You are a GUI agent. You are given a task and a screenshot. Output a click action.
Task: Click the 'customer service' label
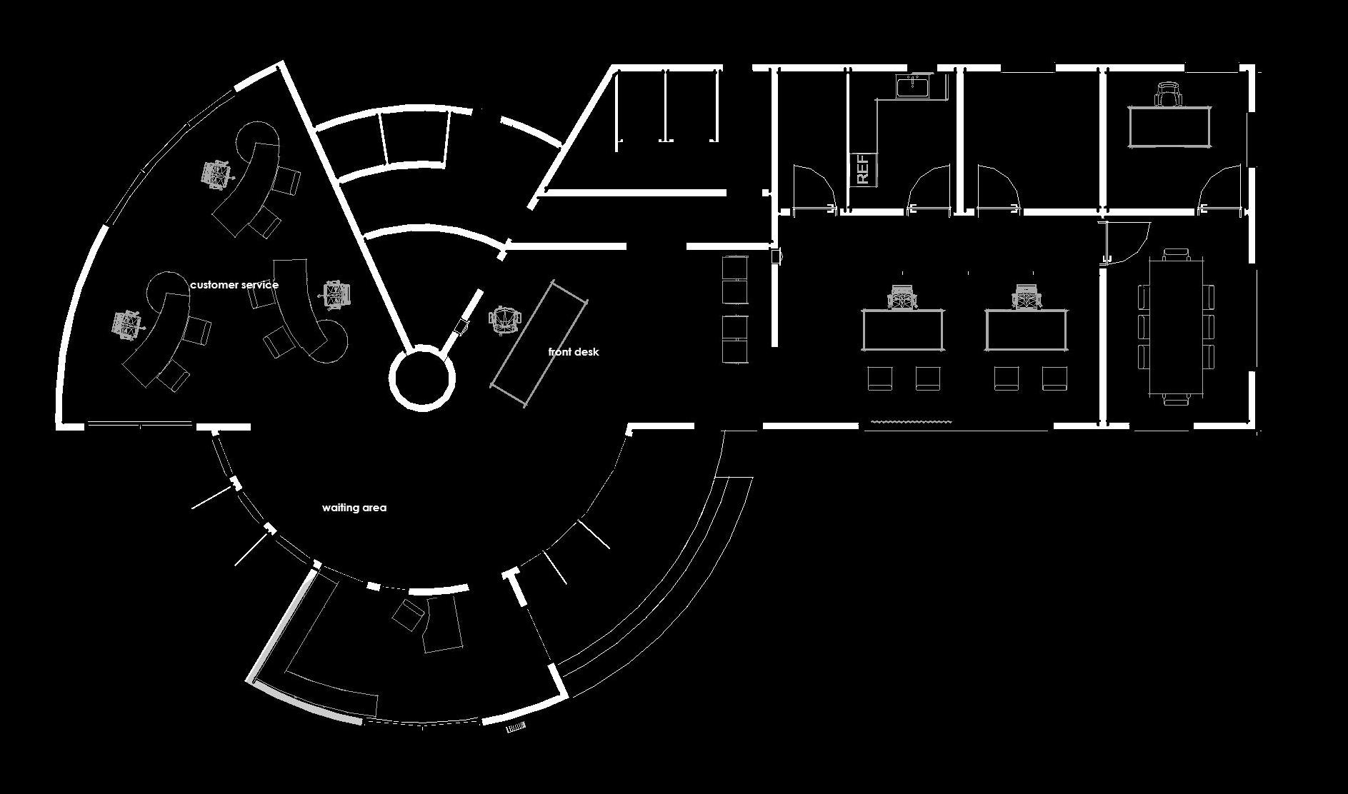pos(234,285)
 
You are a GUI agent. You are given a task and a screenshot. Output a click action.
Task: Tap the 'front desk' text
pos(573,352)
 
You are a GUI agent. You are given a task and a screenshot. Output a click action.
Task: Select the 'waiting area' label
pos(354,508)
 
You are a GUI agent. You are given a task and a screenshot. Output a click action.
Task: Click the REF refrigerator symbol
pos(862,169)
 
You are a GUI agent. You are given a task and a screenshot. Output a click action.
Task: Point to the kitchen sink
pos(913,86)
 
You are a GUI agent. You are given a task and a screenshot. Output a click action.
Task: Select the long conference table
pos(1176,328)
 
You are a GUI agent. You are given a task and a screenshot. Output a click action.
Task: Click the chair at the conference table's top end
pos(1176,255)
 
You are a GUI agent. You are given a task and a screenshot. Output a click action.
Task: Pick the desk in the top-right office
pos(1169,126)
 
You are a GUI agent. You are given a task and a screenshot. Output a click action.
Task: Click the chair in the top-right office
pos(1168,94)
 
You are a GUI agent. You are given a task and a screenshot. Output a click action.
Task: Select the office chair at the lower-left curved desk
pos(126,324)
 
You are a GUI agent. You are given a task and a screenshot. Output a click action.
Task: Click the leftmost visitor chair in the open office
pos(880,378)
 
